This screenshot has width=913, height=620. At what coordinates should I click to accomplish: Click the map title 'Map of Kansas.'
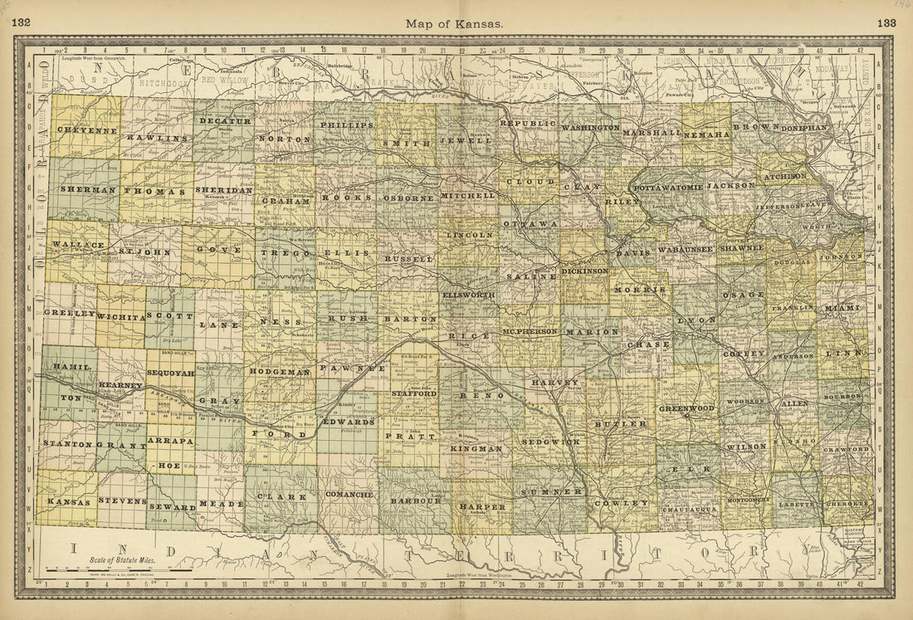[x=454, y=23]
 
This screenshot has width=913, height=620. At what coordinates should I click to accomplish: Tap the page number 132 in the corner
[x=22, y=22]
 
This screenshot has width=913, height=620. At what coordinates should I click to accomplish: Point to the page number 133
[x=886, y=22]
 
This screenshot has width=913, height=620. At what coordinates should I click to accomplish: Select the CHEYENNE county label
[x=86, y=130]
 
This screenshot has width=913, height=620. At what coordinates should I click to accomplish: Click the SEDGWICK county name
[x=550, y=442]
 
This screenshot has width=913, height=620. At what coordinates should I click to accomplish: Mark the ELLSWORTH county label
[x=468, y=295]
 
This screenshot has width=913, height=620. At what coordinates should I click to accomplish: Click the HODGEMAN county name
[x=280, y=372]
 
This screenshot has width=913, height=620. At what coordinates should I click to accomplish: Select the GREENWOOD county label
[x=686, y=408]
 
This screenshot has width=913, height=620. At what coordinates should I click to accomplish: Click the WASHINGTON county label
[x=590, y=128]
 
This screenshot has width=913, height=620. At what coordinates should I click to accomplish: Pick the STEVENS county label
[x=122, y=500]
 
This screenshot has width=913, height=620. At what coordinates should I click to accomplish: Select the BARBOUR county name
[x=415, y=501]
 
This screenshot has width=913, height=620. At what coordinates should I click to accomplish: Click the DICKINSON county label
[x=585, y=271]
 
